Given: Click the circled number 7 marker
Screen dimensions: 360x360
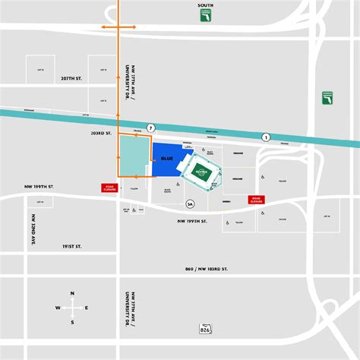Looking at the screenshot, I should point(151,128).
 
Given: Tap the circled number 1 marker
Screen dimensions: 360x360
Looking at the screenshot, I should point(266,137).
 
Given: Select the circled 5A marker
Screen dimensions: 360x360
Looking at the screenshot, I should point(190,204).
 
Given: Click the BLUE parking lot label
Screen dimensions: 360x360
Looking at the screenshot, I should point(167,159).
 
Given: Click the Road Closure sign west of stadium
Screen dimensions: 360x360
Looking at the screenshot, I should point(110,188).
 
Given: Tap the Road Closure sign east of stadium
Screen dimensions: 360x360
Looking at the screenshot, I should point(258,200).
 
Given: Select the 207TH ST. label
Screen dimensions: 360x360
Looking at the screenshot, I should point(71,78).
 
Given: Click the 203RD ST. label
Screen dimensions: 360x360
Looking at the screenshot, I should point(100,133).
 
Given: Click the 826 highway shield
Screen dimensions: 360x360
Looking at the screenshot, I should point(204,329).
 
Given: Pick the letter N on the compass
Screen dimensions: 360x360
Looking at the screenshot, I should point(72,293).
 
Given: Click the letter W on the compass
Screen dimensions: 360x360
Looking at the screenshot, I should point(57,308).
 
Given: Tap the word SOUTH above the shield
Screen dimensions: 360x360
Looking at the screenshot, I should point(205,5).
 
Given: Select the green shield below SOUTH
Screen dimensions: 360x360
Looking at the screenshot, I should point(205,16).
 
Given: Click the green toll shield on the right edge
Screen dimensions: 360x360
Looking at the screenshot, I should point(327,99).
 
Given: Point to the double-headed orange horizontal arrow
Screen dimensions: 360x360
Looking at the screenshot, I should point(119,27).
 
